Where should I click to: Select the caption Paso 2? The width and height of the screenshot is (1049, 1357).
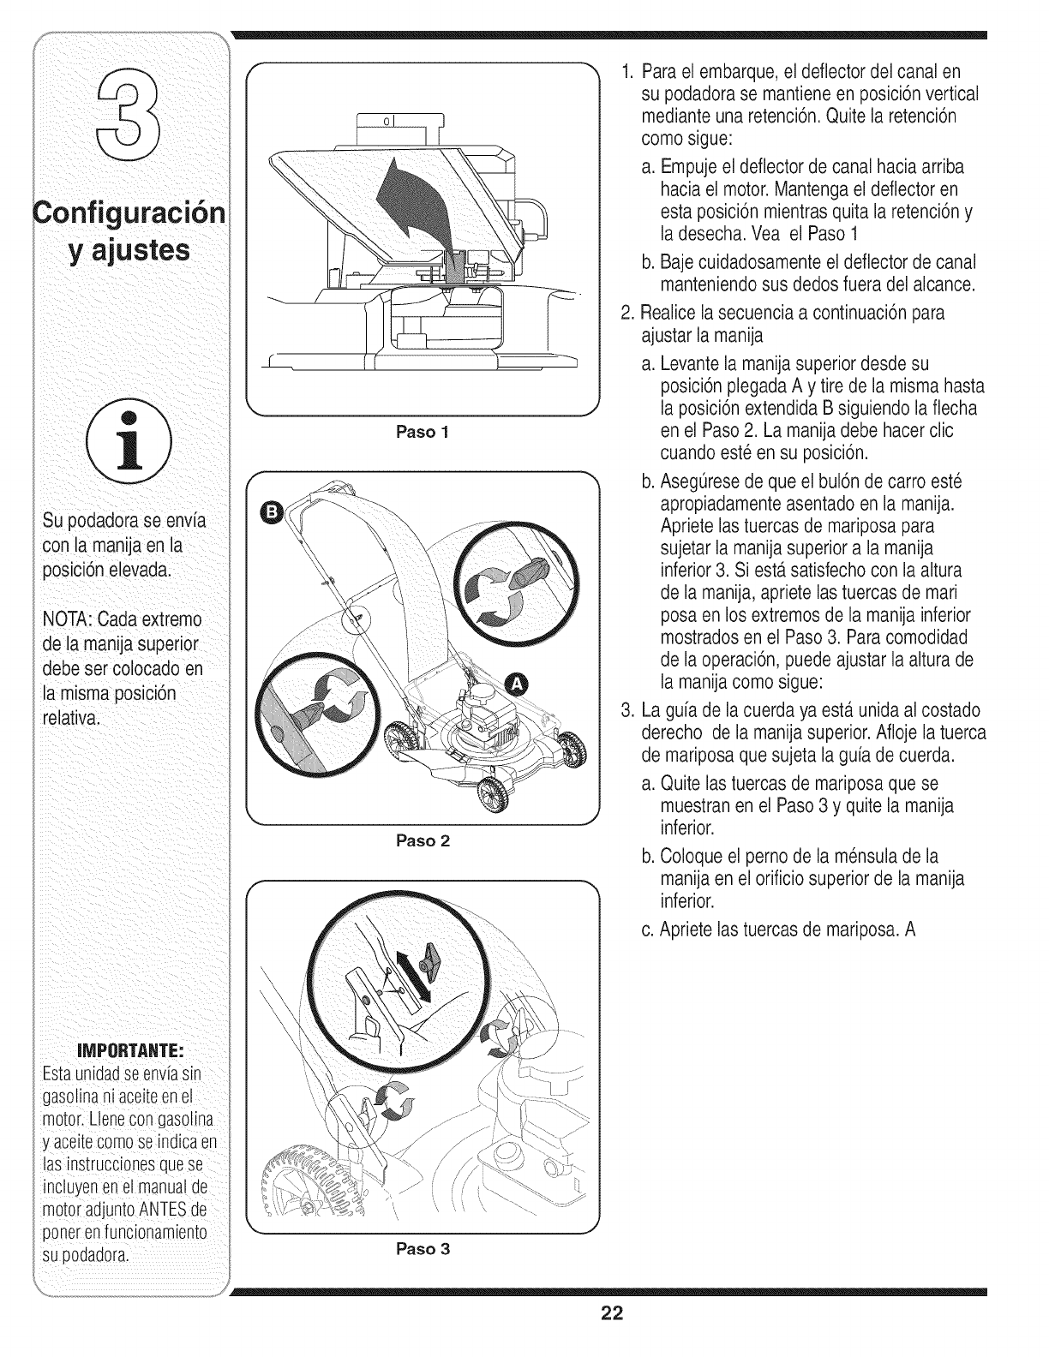(x=421, y=840)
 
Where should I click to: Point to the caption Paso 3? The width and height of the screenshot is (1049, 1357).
(x=421, y=1249)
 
